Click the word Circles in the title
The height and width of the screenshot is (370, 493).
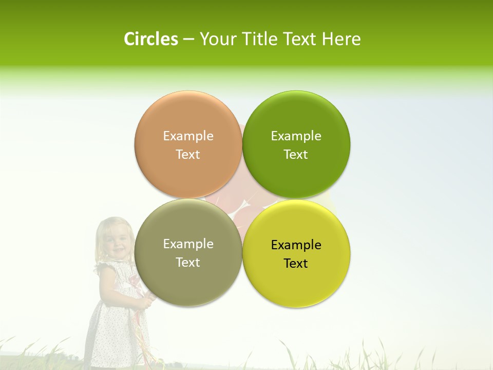coord(150,39)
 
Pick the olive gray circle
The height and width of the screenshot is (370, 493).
coord(188,277)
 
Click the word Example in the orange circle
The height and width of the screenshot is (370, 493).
coord(188,136)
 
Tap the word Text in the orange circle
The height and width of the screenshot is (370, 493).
coord(188,154)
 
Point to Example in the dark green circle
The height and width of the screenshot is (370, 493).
coord(296,136)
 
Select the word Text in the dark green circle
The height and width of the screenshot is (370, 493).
coord(296,154)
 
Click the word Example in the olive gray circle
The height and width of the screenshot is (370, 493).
coord(188,244)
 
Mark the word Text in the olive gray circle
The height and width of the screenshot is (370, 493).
coord(188,262)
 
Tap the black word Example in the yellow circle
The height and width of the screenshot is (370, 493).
coord(296,245)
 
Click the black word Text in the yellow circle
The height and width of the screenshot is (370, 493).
coord(296,263)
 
